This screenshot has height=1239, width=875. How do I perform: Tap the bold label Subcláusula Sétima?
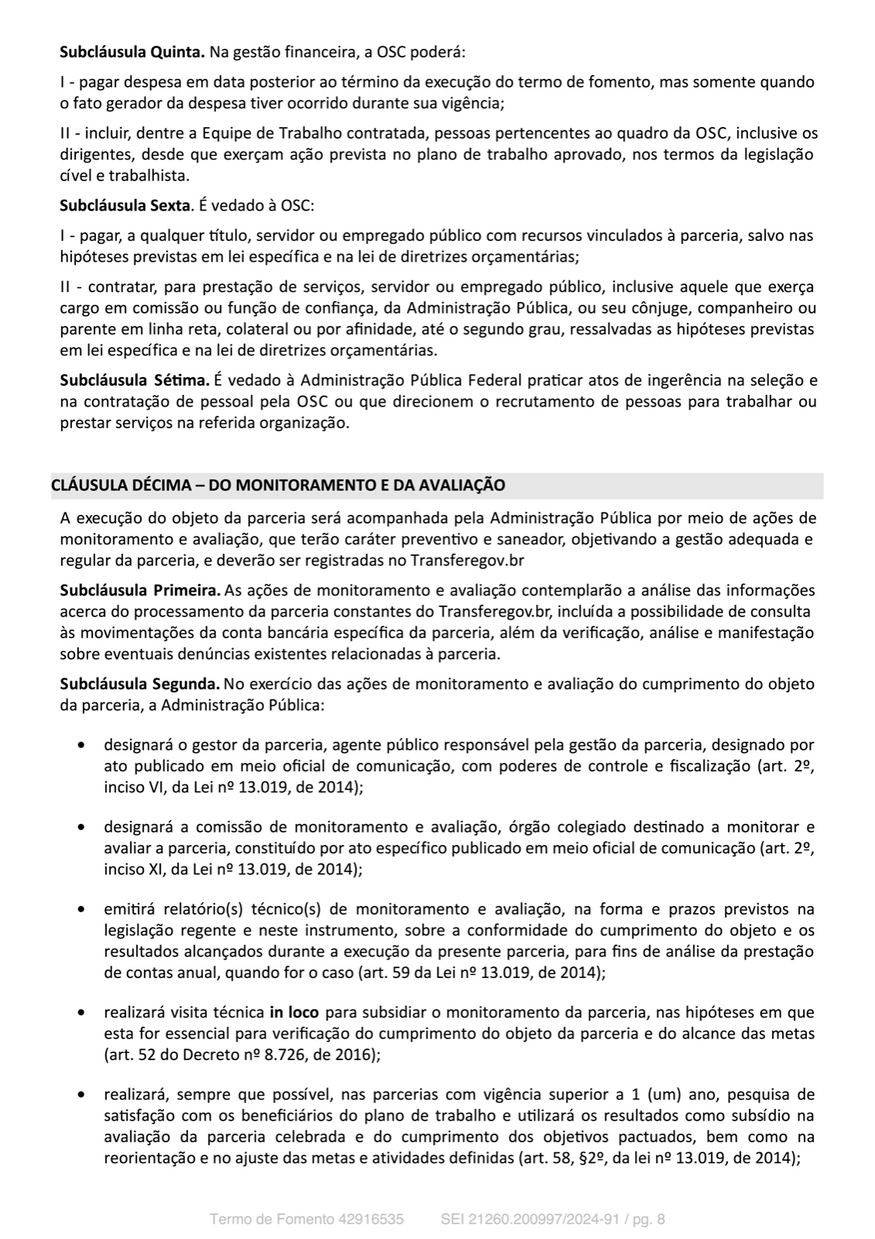pyautogui.click(x=135, y=380)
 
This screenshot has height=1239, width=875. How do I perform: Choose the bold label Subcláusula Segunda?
pyautogui.click(x=140, y=685)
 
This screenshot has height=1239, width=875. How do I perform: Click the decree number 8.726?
pyautogui.click(x=262, y=1054)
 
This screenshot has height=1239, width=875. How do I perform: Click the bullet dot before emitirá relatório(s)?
pyautogui.click(x=81, y=909)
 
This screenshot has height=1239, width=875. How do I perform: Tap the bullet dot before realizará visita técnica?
pyautogui.click(x=81, y=1012)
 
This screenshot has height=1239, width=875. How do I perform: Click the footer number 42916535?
pyautogui.click(x=372, y=1220)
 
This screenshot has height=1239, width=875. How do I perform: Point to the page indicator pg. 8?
pyautogui.click(x=650, y=1220)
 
